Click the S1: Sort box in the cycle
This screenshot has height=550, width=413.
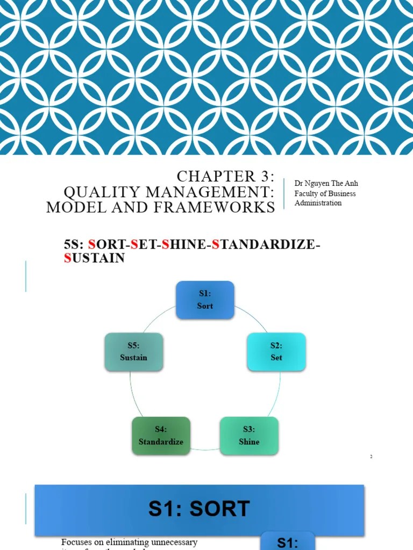[x=205, y=300]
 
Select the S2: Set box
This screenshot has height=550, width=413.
[x=276, y=352]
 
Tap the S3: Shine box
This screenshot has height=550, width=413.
[x=249, y=436]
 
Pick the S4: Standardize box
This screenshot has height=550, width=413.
[x=161, y=436]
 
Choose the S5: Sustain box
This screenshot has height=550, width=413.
[x=133, y=352]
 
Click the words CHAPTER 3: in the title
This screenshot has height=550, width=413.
[x=226, y=176]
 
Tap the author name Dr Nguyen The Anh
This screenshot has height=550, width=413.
[x=326, y=184]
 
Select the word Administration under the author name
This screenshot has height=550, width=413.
[x=318, y=203]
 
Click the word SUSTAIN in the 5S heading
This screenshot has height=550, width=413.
[x=94, y=258]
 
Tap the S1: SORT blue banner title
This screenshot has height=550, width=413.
[x=199, y=509]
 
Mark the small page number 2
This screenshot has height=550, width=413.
[x=371, y=457]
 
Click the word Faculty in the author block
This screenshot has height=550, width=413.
[x=307, y=193]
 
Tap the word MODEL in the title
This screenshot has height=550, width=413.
[x=73, y=207]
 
